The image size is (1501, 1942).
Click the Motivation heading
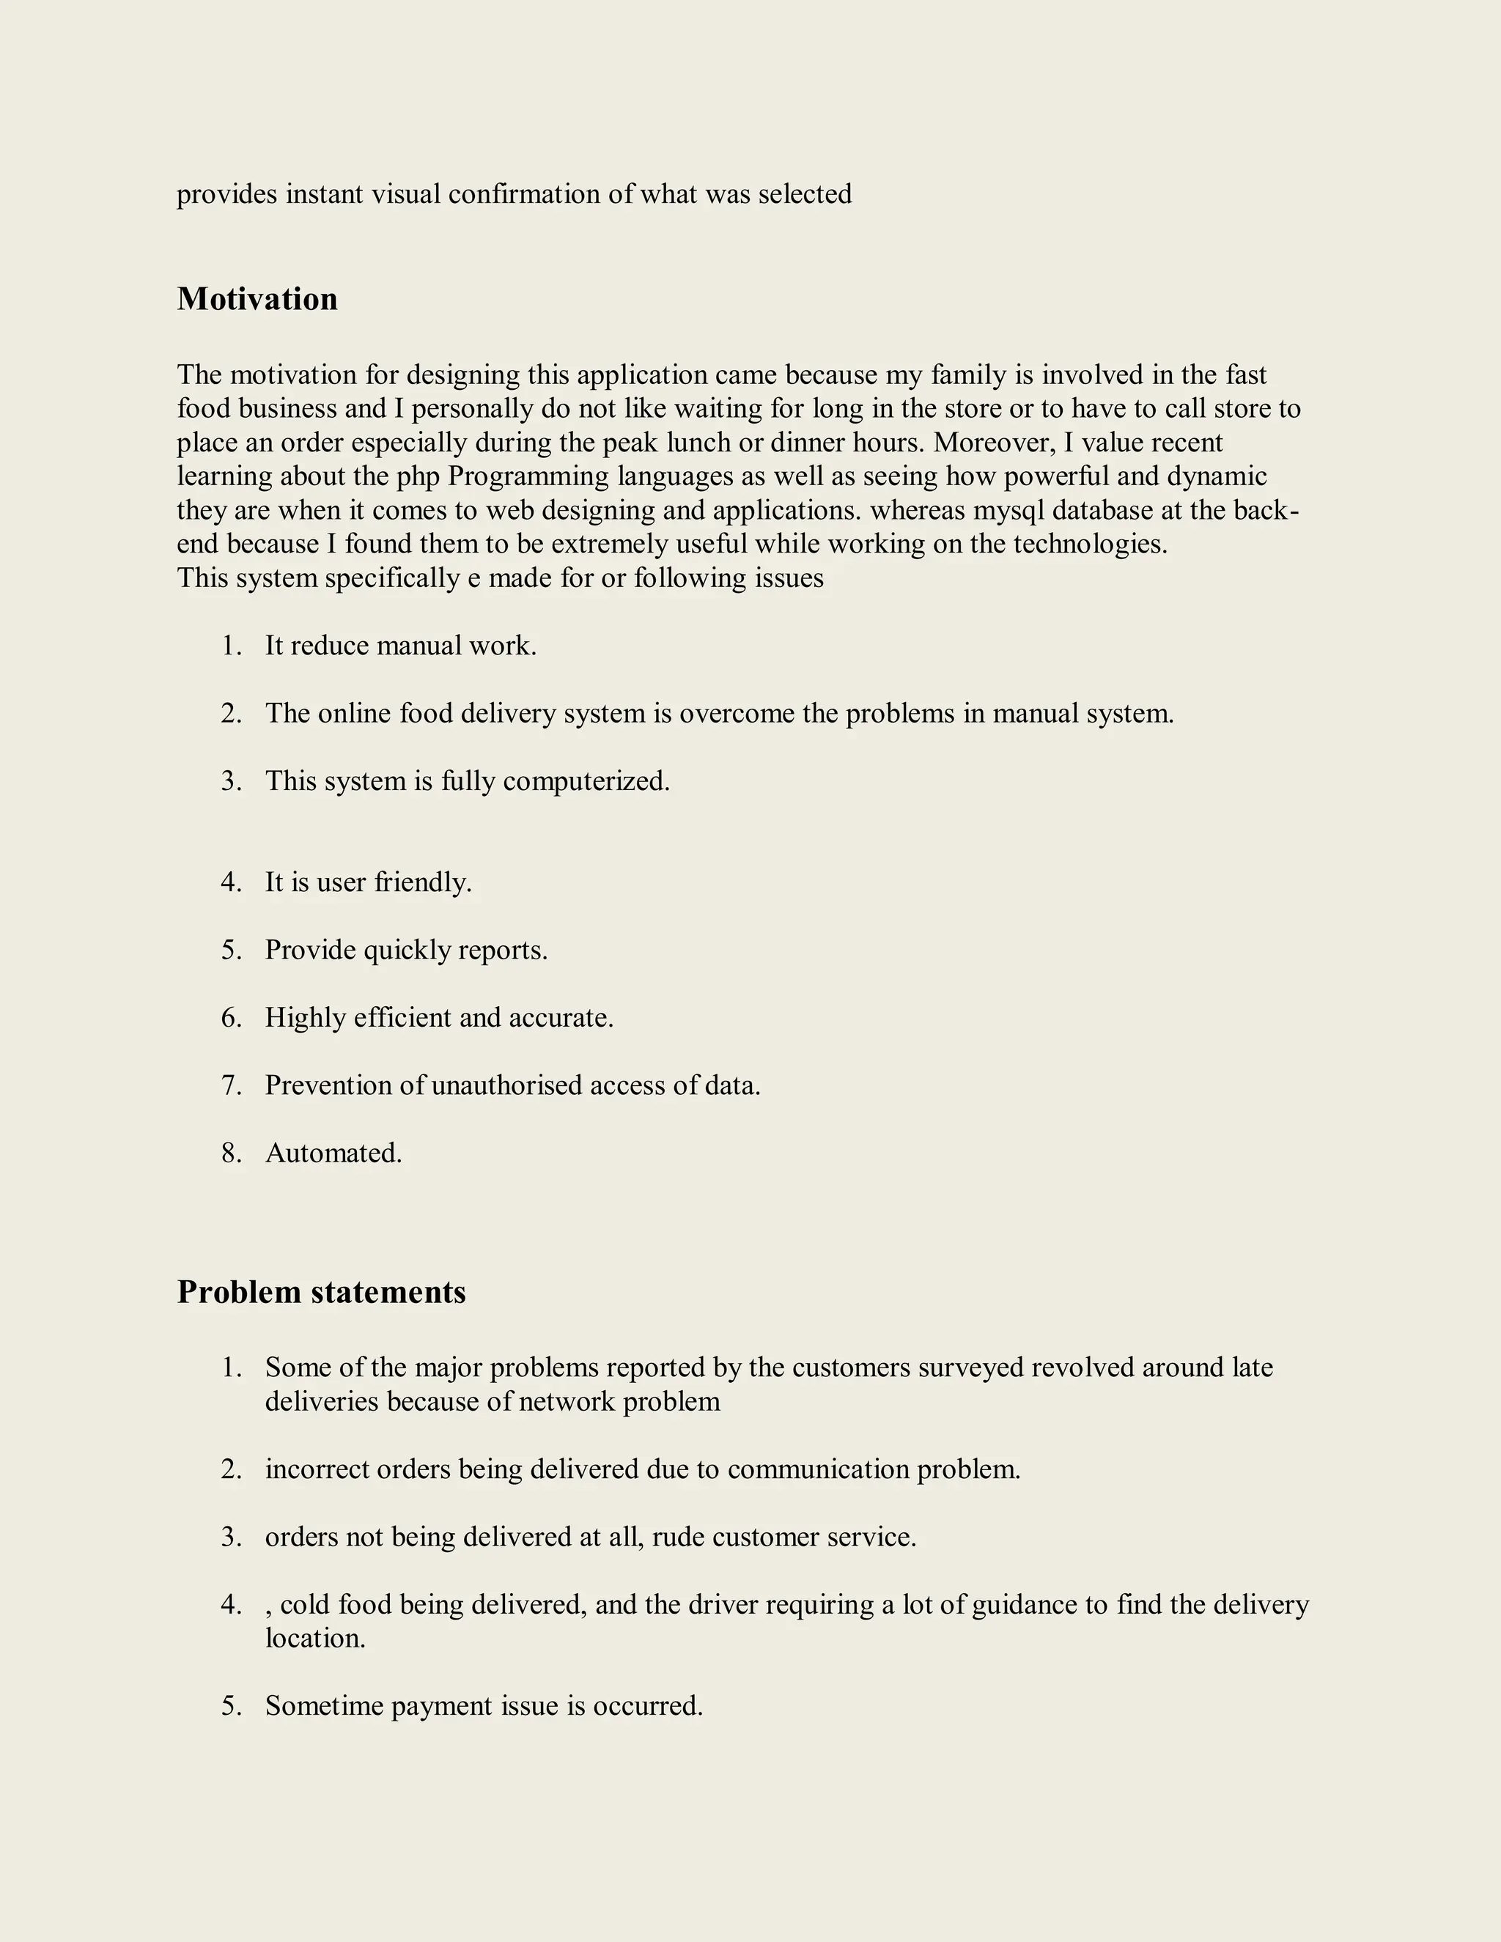click(257, 299)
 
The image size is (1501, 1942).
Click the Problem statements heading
click(321, 1292)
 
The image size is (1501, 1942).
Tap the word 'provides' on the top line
click(226, 194)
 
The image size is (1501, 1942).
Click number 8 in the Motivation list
click(230, 1153)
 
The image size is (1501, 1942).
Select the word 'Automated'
click(331, 1153)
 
